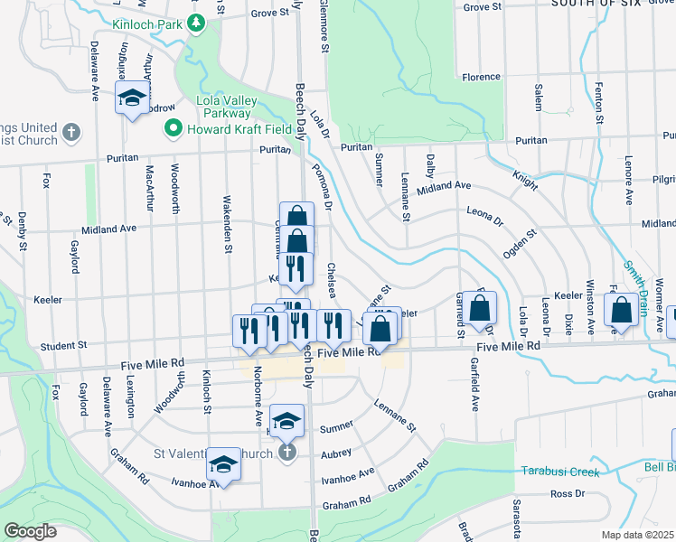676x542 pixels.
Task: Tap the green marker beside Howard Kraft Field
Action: click(x=173, y=130)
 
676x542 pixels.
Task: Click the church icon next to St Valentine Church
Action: click(x=286, y=453)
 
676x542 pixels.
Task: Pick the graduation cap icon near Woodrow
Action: click(x=132, y=98)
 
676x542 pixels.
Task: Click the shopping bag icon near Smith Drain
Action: click(x=623, y=311)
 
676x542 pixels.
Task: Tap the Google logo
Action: click(x=29, y=531)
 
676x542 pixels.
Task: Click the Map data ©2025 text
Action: click(x=638, y=535)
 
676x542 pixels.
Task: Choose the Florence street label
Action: click(x=481, y=78)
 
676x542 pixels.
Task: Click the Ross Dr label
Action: click(x=568, y=494)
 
